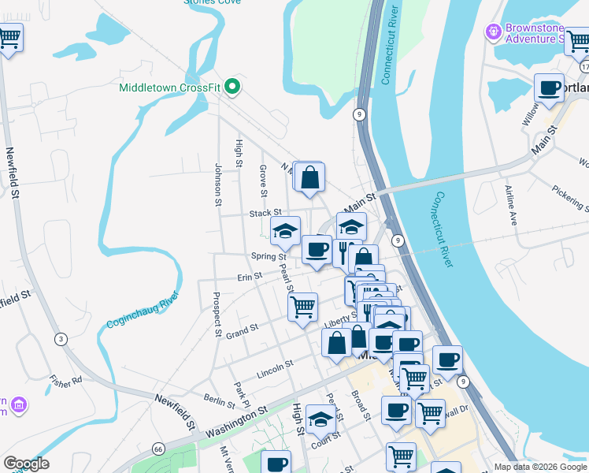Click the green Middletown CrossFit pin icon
(x=232, y=87)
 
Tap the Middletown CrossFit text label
(x=169, y=88)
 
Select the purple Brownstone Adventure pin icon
(x=494, y=32)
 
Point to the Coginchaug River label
(x=142, y=311)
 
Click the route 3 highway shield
(x=60, y=339)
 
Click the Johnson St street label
(x=218, y=185)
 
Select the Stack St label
(x=265, y=213)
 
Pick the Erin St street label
(x=249, y=277)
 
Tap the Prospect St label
(x=217, y=315)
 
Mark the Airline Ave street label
(x=509, y=205)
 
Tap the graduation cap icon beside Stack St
(x=285, y=231)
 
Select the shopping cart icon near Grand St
(x=302, y=306)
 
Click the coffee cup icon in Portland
(x=549, y=88)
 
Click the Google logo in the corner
(x=26, y=464)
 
